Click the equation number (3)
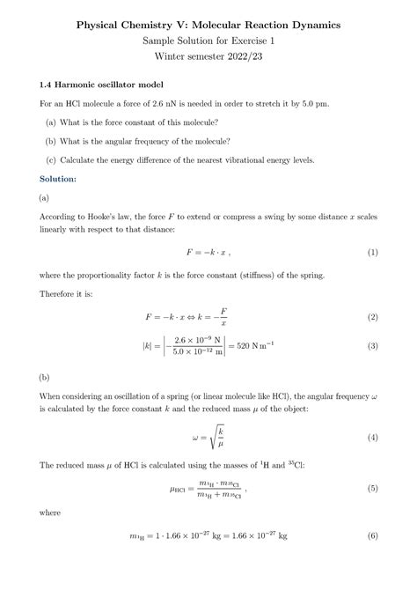(372, 346)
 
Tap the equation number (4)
(372, 438)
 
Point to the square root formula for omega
(208, 438)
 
